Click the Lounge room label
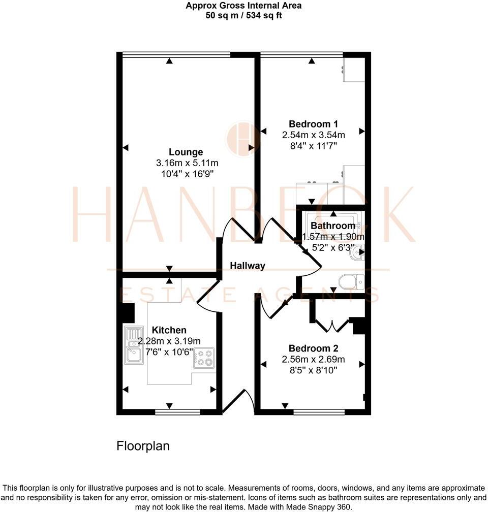186,152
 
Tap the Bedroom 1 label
313,124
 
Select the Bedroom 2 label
313,348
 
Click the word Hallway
247,266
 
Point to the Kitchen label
169,330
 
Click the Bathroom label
333,226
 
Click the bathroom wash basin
358,252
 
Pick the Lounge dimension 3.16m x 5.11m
187,163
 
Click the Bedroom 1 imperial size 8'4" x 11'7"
313,146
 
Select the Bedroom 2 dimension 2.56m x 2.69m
313,360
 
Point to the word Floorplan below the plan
143,446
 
